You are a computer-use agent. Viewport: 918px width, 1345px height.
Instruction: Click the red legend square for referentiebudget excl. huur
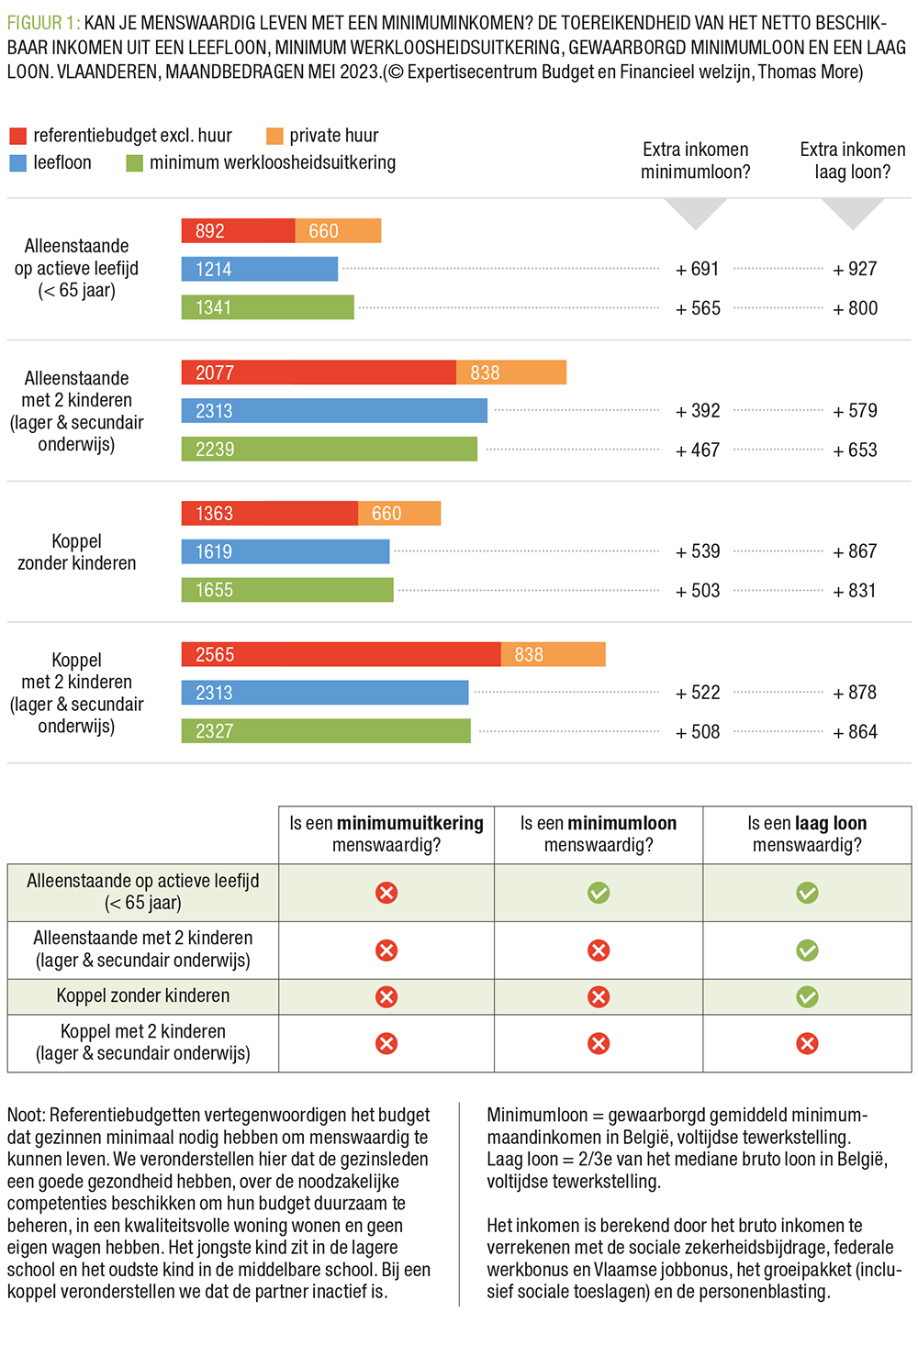click(x=17, y=136)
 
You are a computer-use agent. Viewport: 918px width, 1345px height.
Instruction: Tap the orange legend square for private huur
click(x=274, y=136)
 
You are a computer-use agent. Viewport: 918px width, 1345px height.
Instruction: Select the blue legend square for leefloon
click(x=17, y=163)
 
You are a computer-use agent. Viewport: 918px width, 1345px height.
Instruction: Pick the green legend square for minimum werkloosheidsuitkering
click(x=134, y=163)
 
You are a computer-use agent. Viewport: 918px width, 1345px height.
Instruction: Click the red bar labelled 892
click(x=238, y=231)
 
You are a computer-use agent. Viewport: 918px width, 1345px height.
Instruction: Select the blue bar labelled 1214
click(x=260, y=269)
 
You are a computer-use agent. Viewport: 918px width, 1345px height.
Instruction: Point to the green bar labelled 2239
click(x=330, y=449)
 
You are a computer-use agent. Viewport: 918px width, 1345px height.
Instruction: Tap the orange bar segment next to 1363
click(x=399, y=514)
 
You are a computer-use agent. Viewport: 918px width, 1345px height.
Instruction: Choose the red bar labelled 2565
click(x=341, y=654)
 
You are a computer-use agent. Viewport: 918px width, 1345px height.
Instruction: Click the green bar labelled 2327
click(x=326, y=731)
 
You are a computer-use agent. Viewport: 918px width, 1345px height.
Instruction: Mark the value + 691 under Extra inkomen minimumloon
click(x=698, y=269)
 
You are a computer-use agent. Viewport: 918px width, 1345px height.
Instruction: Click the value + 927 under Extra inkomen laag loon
click(x=855, y=269)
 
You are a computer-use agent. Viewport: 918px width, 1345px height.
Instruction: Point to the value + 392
click(x=698, y=411)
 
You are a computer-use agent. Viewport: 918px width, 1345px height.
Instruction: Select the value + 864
click(x=855, y=732)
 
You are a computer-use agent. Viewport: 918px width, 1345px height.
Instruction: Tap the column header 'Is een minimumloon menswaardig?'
click(x=599, y=834)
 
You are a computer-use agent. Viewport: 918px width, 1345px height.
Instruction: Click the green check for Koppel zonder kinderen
click(x=807, y=996)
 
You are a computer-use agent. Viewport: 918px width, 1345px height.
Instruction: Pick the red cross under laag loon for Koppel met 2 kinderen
click(x=807, y=1043)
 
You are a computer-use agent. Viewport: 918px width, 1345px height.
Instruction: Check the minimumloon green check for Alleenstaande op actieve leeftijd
click(x=599, y=893)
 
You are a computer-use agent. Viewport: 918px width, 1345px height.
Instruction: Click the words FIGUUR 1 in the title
click(x=42, y=23)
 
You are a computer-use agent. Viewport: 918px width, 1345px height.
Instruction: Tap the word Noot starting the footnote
click(x=26, y=1115)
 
